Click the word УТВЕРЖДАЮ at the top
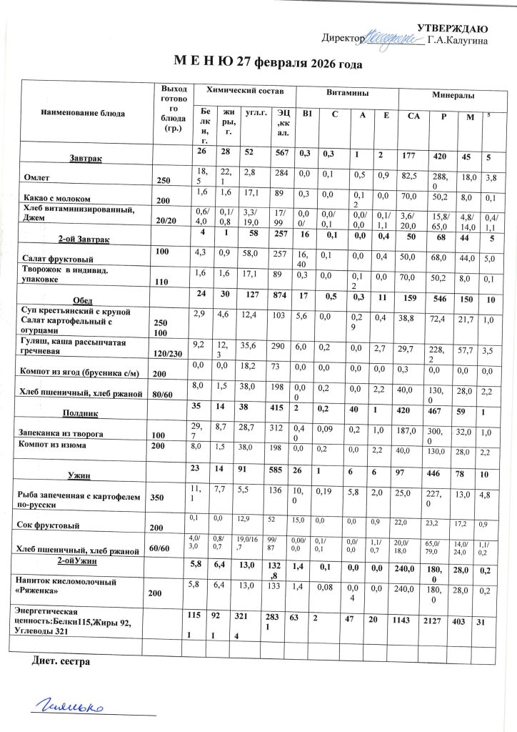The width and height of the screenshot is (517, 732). tap(452, 29)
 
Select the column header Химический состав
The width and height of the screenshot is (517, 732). tap(245, 91)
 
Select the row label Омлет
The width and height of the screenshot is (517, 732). tap(36, 177)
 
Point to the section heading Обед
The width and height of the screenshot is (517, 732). tap(84, 300)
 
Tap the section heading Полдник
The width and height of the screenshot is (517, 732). tap(84, 412)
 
